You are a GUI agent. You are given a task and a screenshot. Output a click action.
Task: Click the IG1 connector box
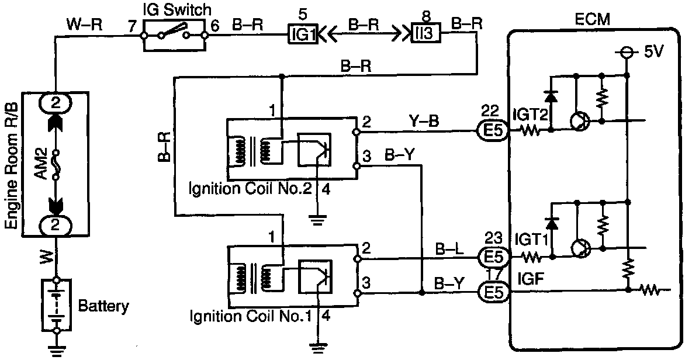[x=303, y=36]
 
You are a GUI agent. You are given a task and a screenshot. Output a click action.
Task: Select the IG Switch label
[x=176, y=9]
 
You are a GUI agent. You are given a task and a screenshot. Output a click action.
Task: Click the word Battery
[x=103, y=305]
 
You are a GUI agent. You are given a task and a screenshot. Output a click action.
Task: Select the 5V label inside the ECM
[x=653, y=52]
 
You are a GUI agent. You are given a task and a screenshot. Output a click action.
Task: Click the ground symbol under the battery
[x=56, y=350]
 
